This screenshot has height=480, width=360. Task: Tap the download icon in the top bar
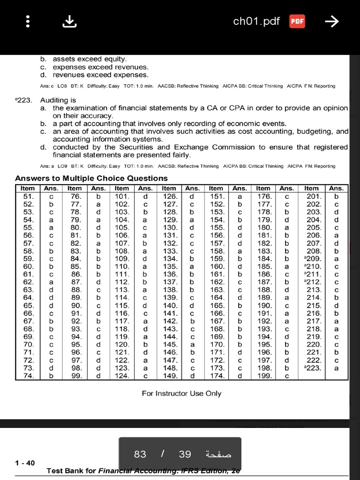click(x=69, y=22)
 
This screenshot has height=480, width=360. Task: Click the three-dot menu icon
click(x=28, y=22)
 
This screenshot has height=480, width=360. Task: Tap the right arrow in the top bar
click(x=331, y=22)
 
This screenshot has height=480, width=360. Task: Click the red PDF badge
click(x=297, y=22)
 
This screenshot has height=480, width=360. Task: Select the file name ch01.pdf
click(x=256, y=22)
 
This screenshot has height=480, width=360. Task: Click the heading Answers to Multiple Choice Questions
click(x=91, y=178)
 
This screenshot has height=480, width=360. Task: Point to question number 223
click(x=23, y=100)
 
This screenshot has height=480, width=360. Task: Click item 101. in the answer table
click(x=122, y=196)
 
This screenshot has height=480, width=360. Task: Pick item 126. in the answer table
click(x=169, y=196)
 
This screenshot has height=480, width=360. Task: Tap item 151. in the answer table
click(x=216, y=196)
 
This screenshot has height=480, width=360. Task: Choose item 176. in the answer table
click(x=263, y=196)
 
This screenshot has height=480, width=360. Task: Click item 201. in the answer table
click(x=312, y=196)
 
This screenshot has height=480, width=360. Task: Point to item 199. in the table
click(x=263, y=376)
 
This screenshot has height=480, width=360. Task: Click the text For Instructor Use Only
click(x=181, y=393)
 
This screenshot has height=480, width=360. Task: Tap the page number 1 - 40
click(x=25, y=463)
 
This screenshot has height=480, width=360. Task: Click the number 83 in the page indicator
click(x=140, y=454)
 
